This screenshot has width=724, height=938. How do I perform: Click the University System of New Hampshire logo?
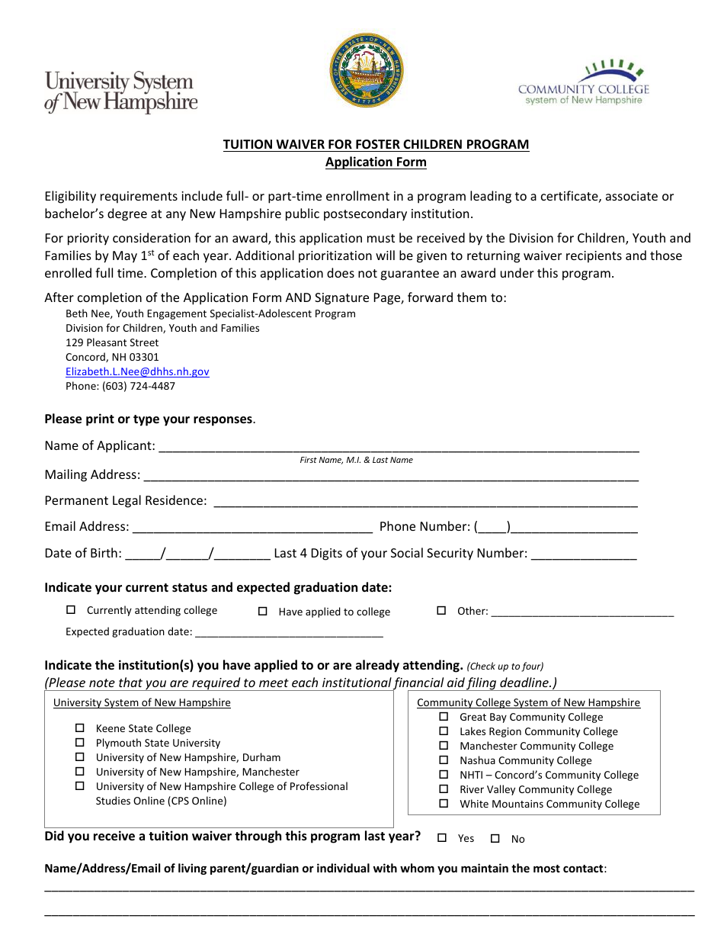point(120,92)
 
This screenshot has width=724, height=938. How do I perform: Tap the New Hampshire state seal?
point(367,70)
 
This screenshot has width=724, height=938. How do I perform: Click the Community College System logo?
point(584,84)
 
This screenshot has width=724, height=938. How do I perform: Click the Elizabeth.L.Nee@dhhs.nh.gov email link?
point(137,371)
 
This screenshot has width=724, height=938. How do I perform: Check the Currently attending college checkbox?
point(72,610)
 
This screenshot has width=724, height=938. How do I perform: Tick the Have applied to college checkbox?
point(263,612)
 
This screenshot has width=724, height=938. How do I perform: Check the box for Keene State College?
point(79,728)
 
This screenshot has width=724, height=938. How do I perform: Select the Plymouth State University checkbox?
point(79,743)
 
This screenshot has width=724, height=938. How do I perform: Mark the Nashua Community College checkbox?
point(444,760)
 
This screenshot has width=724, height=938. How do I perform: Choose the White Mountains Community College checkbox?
point(444,804)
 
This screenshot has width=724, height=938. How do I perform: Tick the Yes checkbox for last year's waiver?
point(442,838)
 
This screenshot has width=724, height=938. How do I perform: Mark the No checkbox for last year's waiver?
point(495,839)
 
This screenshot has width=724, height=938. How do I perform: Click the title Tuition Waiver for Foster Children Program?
point(376,144)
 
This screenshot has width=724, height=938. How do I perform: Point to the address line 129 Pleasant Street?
point(112,342)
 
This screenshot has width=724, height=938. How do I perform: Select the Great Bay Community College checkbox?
point(444,717)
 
